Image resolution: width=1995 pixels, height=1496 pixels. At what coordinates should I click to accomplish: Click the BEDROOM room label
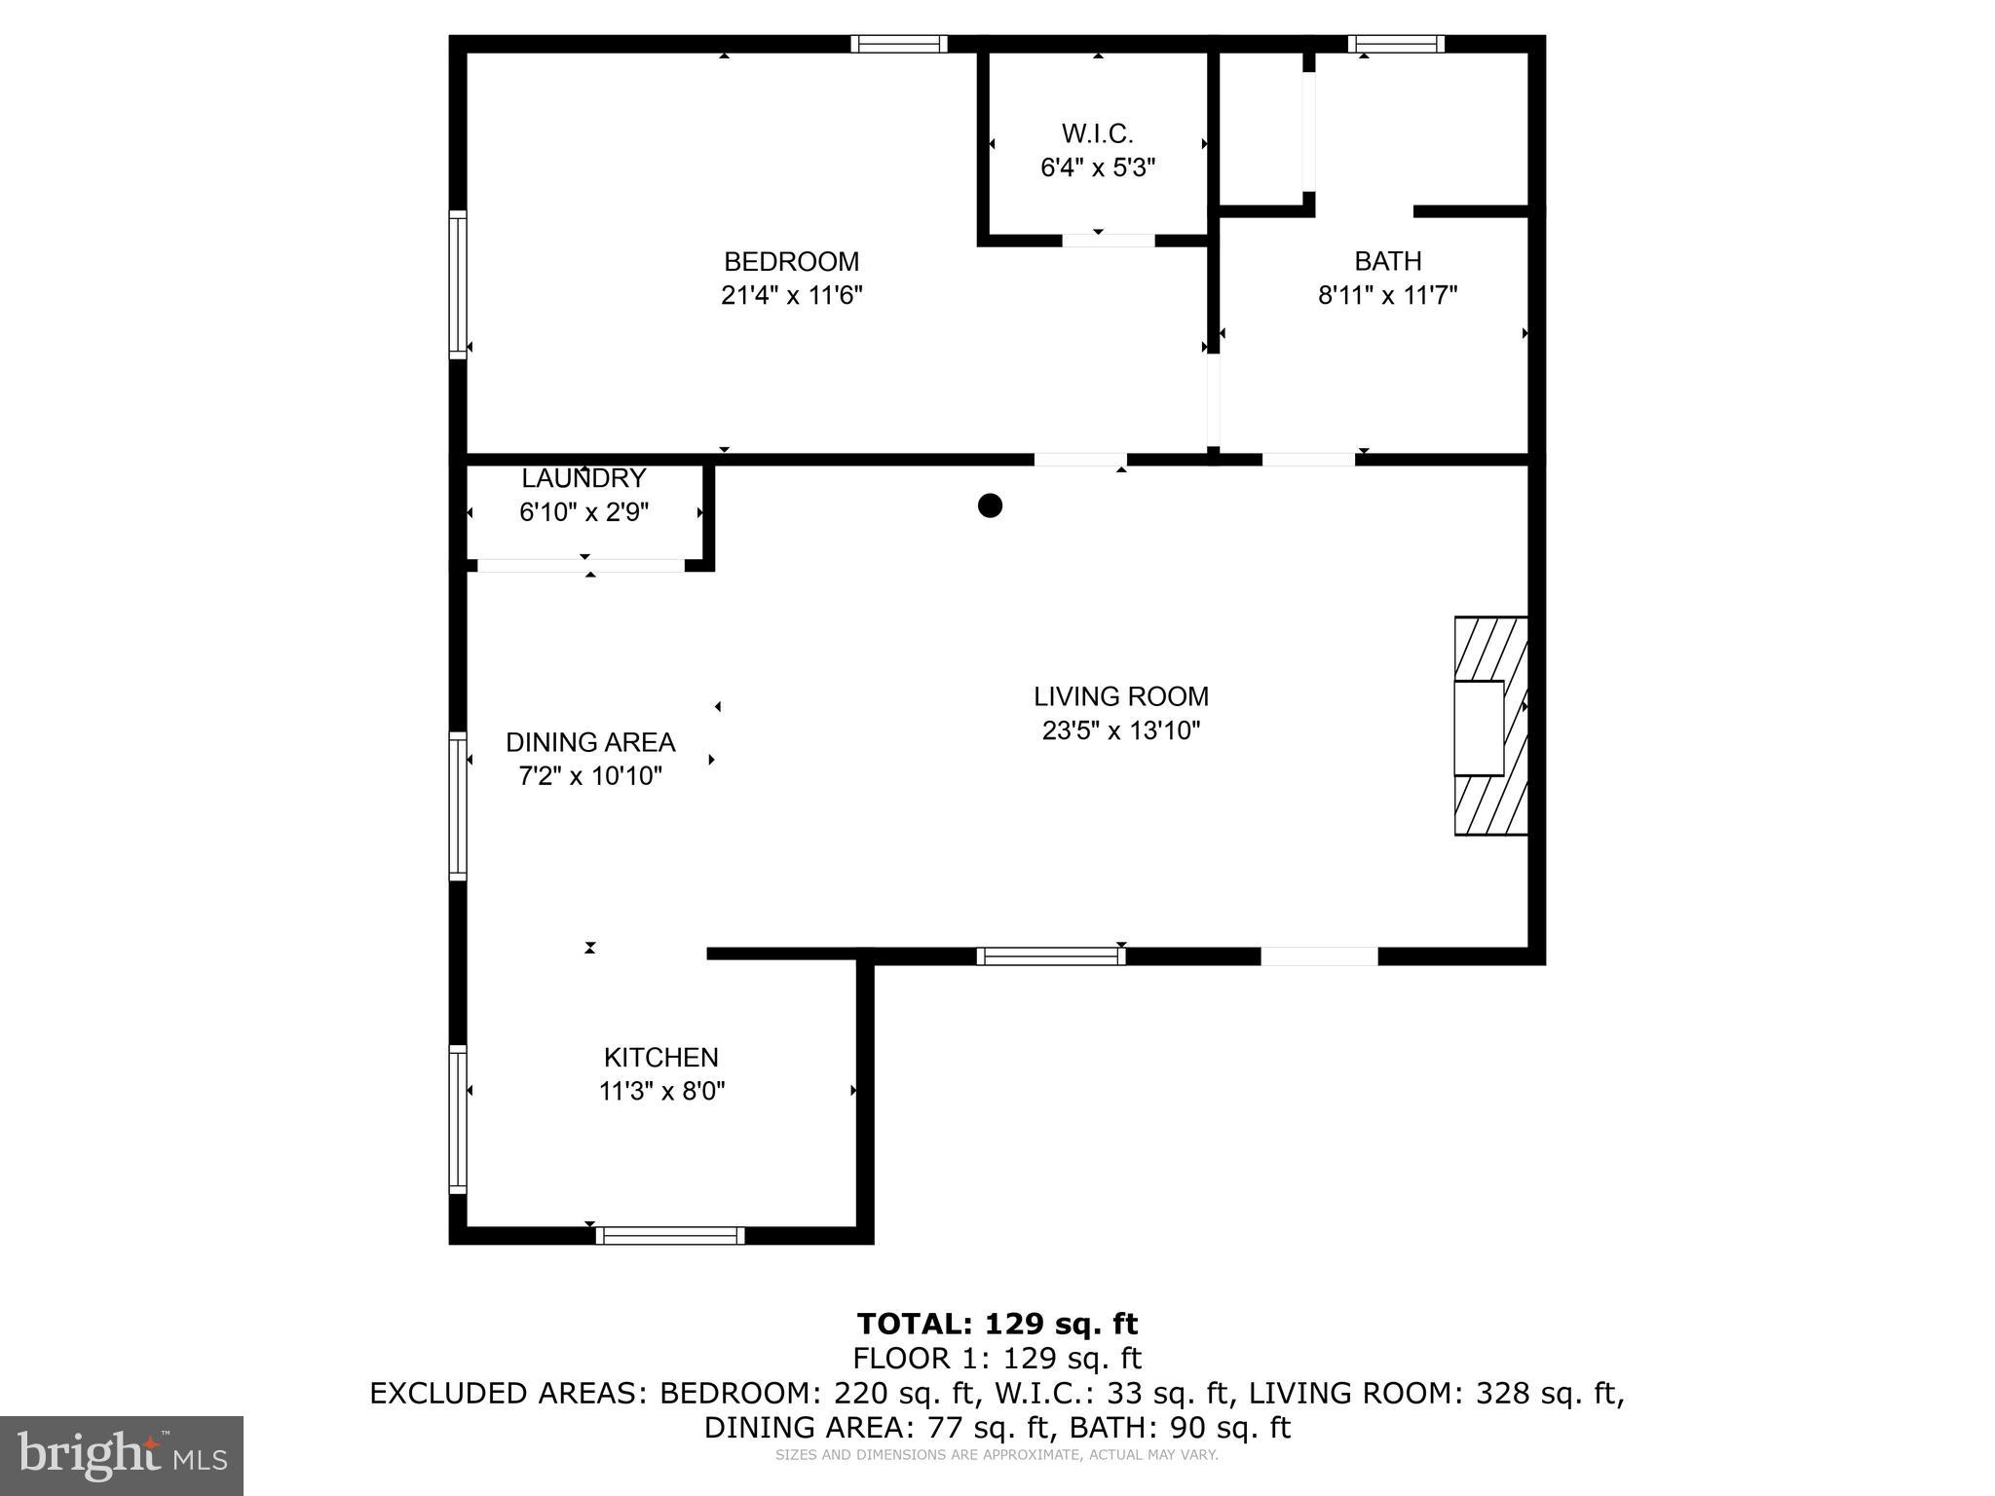click(x=791, y=262)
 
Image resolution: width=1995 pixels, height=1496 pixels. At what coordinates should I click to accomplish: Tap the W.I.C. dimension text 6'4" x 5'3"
click(x=1098, y=168)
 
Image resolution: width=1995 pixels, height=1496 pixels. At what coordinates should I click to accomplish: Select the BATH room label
click(x=1387, y=261)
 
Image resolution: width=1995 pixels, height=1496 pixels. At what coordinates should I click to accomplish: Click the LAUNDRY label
click(x=583, y=478)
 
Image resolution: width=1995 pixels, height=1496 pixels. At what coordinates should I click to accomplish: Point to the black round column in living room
click(x=990, y=505)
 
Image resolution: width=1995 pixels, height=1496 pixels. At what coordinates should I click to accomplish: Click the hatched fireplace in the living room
click(x=1490, y=726)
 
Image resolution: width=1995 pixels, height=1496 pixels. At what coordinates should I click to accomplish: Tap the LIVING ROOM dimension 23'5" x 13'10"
click(x=1120, y=730)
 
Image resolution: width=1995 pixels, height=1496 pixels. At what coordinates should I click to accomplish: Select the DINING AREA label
click(x=590, y=742)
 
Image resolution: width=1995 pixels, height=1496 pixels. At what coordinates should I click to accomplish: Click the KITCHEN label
click(x=660, y=1057)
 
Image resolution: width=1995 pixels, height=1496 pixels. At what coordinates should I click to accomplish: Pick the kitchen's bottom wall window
click(x=670, y=1236)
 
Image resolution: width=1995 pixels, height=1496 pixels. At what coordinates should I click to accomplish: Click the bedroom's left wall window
click(x=458, y=284)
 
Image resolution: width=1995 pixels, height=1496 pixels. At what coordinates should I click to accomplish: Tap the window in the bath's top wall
click(x=1396, y=44)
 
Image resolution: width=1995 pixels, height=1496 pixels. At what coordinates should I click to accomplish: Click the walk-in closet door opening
click(x=1108, y=241)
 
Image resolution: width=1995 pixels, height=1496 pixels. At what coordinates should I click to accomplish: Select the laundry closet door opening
click(x=581, y=566)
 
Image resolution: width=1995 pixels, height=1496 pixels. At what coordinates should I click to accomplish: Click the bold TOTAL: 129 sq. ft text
click(x=997, y=1324)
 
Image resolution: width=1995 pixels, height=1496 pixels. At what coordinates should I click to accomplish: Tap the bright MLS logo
click(x=122, y=1455)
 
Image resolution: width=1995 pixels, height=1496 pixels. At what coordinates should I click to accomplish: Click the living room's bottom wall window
click(x=1050, y=956)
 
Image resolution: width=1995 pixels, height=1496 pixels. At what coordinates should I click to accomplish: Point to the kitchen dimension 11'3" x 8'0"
click(x=661, y=1091)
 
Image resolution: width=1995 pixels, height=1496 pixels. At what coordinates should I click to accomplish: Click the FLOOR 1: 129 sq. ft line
click(x=997, y=1358)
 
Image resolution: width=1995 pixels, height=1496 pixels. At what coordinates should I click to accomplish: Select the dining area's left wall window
click(x=458, y=805)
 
